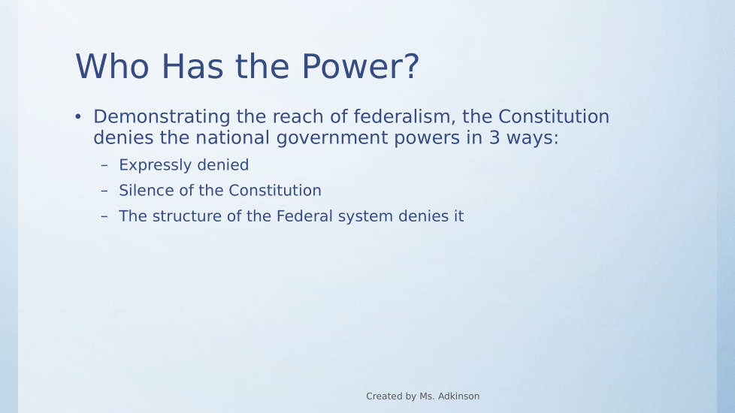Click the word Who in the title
point(113,67)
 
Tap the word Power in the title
point(351,67)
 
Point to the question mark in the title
point(410,67)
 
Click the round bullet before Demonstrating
point(78,116)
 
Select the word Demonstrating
point(162,117)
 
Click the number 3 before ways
point(495,137)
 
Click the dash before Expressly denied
point(104,165)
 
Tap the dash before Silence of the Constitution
point(104,191)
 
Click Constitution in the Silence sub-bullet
point(275,191)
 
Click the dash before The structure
point(104,216)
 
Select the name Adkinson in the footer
point(458,396)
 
